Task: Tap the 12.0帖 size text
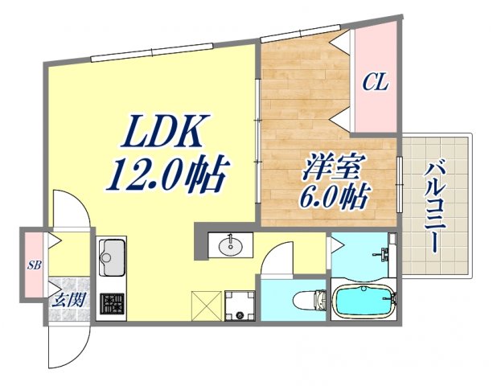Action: (166, 173)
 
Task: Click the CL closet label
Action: (375, 81)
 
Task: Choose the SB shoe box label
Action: (35, 265)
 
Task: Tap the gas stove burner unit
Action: (112, 304)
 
